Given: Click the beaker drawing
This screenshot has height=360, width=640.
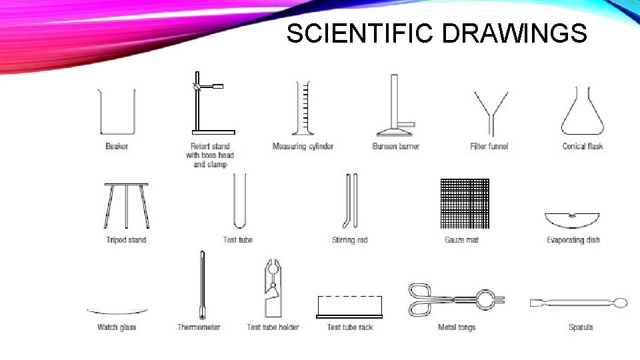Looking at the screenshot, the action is tap(117, 112).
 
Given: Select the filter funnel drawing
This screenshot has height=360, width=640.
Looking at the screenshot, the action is tap(490, 113).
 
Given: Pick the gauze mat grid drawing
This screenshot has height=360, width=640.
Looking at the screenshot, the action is tap(464, 203).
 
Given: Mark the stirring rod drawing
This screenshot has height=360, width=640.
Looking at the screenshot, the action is tap(351, 200).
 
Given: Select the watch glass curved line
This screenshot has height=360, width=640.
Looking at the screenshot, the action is tap(117, 311).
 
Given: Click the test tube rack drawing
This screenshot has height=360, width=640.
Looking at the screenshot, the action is tap(349, 307).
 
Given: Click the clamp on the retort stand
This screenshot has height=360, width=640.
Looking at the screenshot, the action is tap(211, 87).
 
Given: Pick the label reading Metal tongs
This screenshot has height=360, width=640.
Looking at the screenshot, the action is tap(457, 327).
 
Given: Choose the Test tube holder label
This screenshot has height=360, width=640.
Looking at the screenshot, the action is tap(273, 327).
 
